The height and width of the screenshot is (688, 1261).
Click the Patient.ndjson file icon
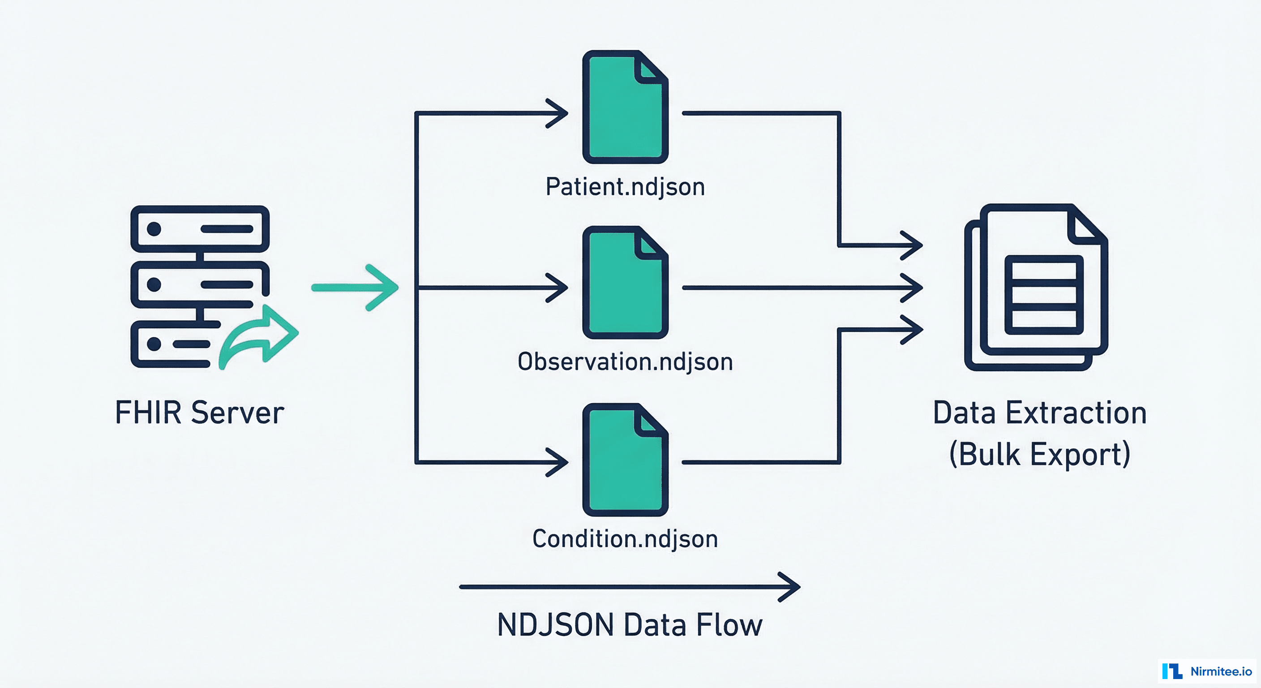[x=625, y=108]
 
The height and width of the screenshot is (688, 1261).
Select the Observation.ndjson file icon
[x=625, y=283]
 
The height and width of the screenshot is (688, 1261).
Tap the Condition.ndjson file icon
[x=625, y=460]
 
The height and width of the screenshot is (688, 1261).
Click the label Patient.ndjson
[x=625, y=187]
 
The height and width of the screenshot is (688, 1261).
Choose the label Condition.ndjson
[x=625, y=539]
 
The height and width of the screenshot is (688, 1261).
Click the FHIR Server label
[x=199, y=413]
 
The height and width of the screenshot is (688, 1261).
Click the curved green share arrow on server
[x=259, y=336]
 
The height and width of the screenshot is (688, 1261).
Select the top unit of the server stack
[x=200, y=229]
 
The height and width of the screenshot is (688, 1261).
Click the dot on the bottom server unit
[x=154, y=344]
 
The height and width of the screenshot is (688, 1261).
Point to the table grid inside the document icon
[x=1044, y=295]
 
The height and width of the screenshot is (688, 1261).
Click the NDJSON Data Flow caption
[x=630, y=625]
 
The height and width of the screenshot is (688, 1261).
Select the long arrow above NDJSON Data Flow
[x=630, y=586]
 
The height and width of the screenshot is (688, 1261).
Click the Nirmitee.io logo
[x=1207, y=671]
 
